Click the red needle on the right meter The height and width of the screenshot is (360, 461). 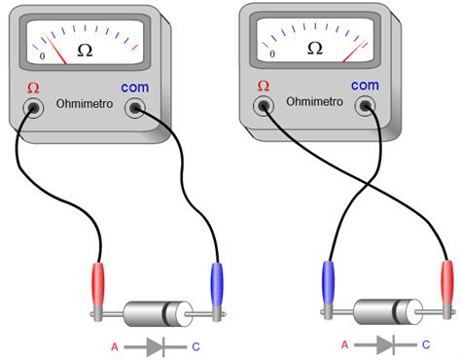point(352,50)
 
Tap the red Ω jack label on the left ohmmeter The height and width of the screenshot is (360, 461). point(33,88)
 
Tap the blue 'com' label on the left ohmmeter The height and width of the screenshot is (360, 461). point(135,88)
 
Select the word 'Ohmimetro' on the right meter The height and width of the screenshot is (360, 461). point(314,101)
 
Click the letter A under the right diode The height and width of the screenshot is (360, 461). point(344,345)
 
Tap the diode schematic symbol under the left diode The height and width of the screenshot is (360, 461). point(156,346)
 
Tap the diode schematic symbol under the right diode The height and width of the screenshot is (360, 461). point(384,344)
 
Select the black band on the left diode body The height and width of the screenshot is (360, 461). point(179,313)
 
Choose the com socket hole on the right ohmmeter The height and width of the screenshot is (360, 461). point(366,104)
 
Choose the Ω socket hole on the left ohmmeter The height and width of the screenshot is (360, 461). point(34,106)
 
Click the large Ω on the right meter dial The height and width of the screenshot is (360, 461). point(314,48)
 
